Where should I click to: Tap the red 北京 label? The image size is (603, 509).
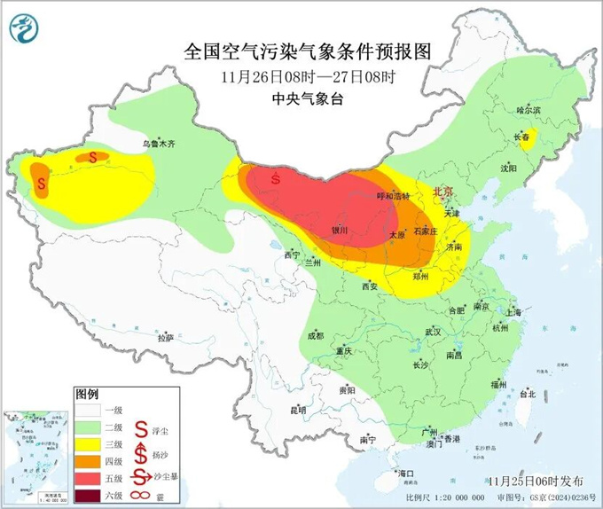pyautogui.click(x=441, y=191)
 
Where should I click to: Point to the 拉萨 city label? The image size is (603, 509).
pyautogui.click(x=165, y=338)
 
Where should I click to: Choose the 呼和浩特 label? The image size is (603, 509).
pyautogui.click(x=393, y=196)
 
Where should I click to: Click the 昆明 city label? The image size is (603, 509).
pyautogui.click(x=297, y=410)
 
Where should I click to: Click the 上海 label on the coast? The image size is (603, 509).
pyautogui.click(x=512, y=312)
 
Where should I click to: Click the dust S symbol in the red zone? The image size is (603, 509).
pyautogui.click(x=277, y=177)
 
